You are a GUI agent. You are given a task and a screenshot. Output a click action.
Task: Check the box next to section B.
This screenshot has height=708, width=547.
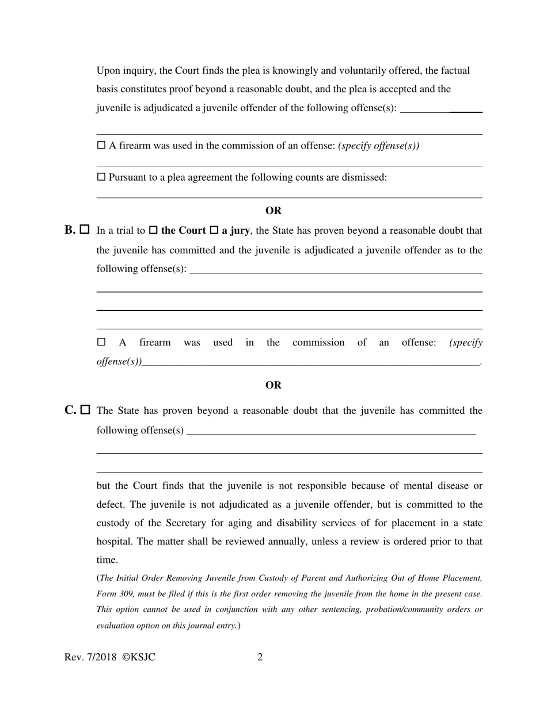[x=85, y=230]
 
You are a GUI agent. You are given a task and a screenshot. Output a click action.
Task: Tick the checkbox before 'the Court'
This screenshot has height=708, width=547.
[x=153, y=230]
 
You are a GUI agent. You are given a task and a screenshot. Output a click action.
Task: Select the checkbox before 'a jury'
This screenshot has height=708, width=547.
[x=214, y=230]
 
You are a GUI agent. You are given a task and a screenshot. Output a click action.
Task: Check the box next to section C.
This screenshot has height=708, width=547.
[x=85, y=410]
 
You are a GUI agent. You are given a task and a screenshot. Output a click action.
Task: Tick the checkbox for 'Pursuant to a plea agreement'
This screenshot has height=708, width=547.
[x=101, y=177]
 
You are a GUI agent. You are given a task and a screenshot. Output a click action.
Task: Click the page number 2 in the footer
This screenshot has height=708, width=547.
[x=260, y=657]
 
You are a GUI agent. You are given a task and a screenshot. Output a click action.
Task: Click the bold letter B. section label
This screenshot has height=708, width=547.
[x=70, y=230]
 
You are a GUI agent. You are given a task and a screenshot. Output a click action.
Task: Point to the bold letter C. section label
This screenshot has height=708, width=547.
[x=70, y=410]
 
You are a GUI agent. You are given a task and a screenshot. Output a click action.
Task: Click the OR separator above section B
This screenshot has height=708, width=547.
[x=273, y=211]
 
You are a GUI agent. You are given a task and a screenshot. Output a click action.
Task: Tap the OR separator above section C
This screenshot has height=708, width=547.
[x=273, y=385]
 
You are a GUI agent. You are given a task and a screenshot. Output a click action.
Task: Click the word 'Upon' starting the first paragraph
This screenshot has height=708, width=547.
[x=108, y=71]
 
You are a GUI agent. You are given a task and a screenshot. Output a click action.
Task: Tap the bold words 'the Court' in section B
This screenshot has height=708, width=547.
[x=183, y=231]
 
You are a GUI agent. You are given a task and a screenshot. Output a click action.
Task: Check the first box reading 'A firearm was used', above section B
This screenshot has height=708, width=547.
[x=101, y=146]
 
